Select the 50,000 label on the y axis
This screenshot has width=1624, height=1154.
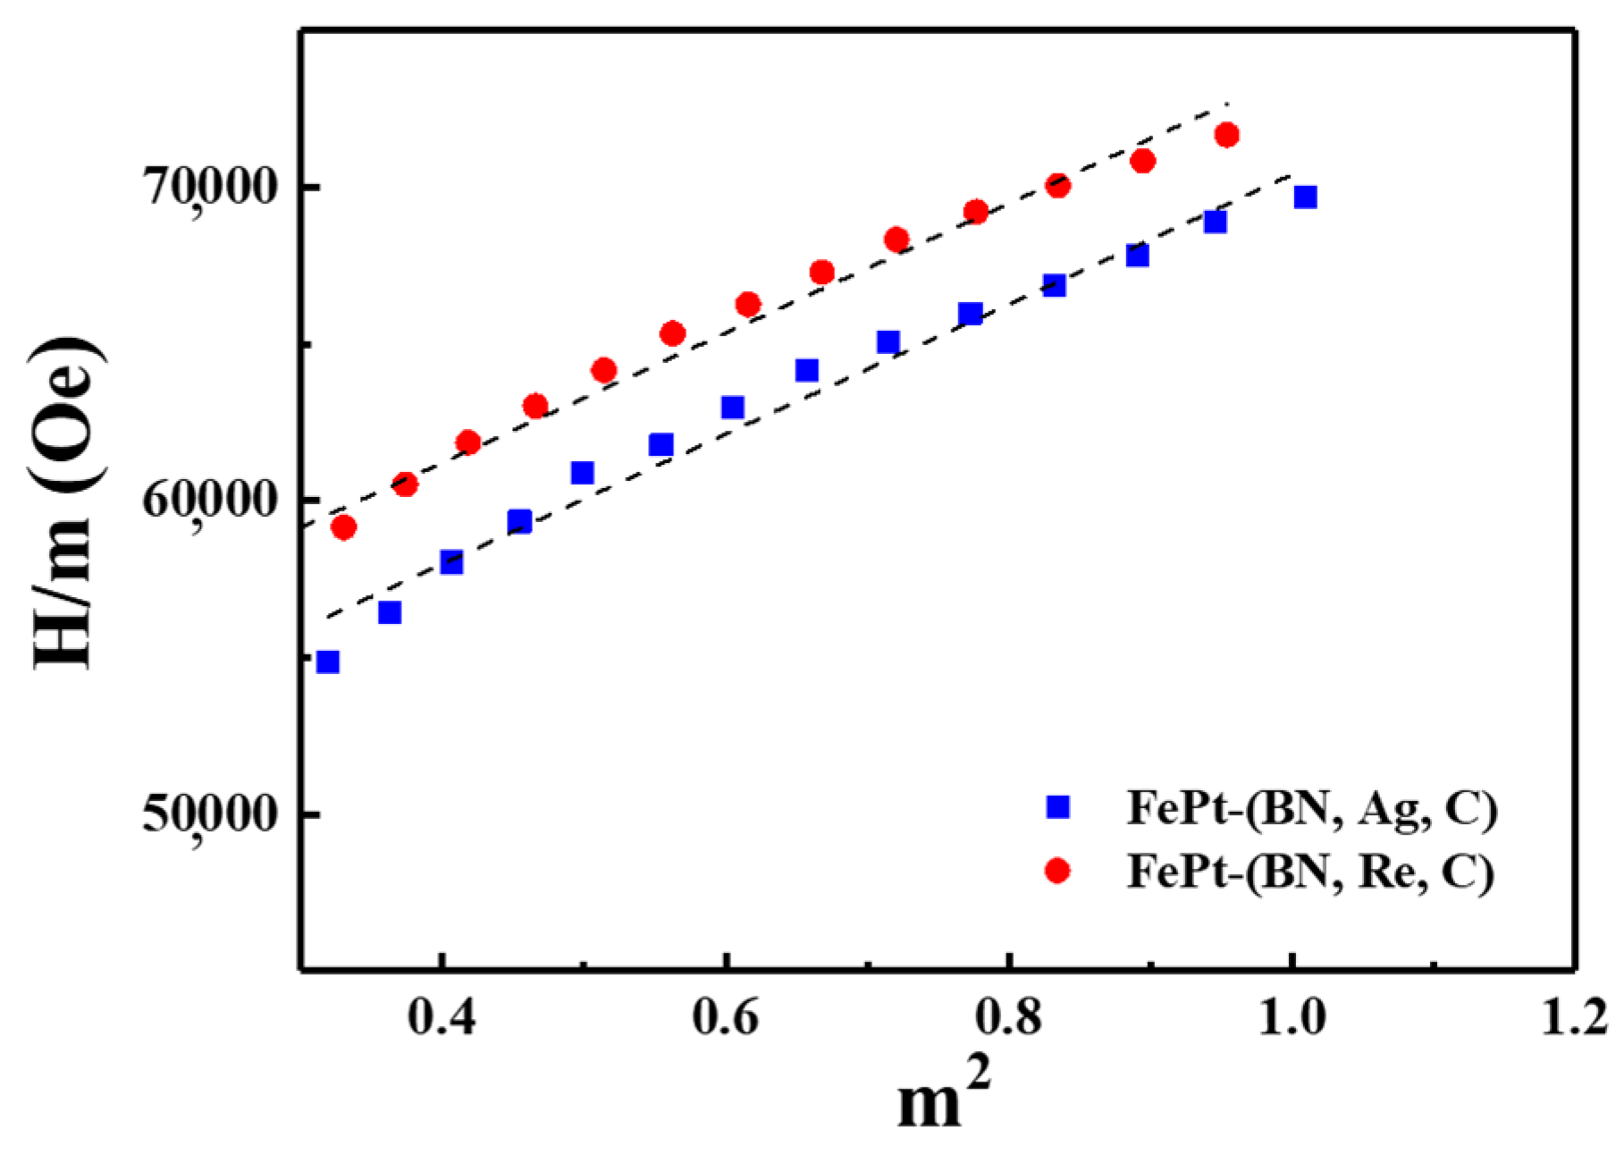tap(212, 815)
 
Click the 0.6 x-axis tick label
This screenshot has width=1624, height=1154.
tap(725, 1019)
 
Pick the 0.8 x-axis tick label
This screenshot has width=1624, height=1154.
tap(1008, 1019)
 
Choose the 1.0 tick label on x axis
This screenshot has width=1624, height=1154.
tap(1291, 1019)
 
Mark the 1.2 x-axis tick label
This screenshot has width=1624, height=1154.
tap(1573, 1019)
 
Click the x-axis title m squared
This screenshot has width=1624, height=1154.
tap(944, 1099)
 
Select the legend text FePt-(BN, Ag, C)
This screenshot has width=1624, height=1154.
tap(1311, 809)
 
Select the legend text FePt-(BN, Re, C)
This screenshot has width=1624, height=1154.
tap(1309, 871)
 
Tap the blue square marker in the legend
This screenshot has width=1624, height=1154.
tap(1058, 807)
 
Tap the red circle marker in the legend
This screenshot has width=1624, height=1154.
tap(1058, 870)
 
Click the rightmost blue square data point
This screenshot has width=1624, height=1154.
tap(1306, 197)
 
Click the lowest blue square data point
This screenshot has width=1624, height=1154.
tap(328, 661)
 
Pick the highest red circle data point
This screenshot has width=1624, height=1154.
tap(1227, 135)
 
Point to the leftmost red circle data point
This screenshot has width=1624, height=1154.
tap(344, 526)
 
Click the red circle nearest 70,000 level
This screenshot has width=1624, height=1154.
tap(1057, 186)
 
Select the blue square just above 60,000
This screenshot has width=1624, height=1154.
tap(582, 472)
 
